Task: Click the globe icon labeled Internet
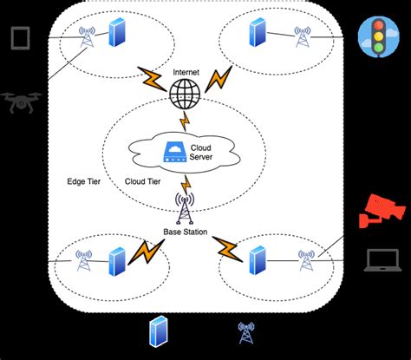pyautogui.click(x=184, y=93)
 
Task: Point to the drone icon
pyautogui.click(x=23, y=102)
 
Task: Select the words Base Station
pyautogui.click(x=185, y=232)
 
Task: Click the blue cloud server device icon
pyautogui.click(x=173, y=154)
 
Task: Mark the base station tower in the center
pyautogui.click(x=185, y=208)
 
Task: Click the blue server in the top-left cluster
pyautogui.click(x=116, y=35)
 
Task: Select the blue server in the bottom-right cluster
pyautogui.click(x=257, y=259)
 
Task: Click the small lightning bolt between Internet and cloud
pyautogui.click(x=184, y=119)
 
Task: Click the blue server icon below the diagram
pyautogui.click(x=158, y=331)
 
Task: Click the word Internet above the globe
pyautogui.click(x=184, y=72)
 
